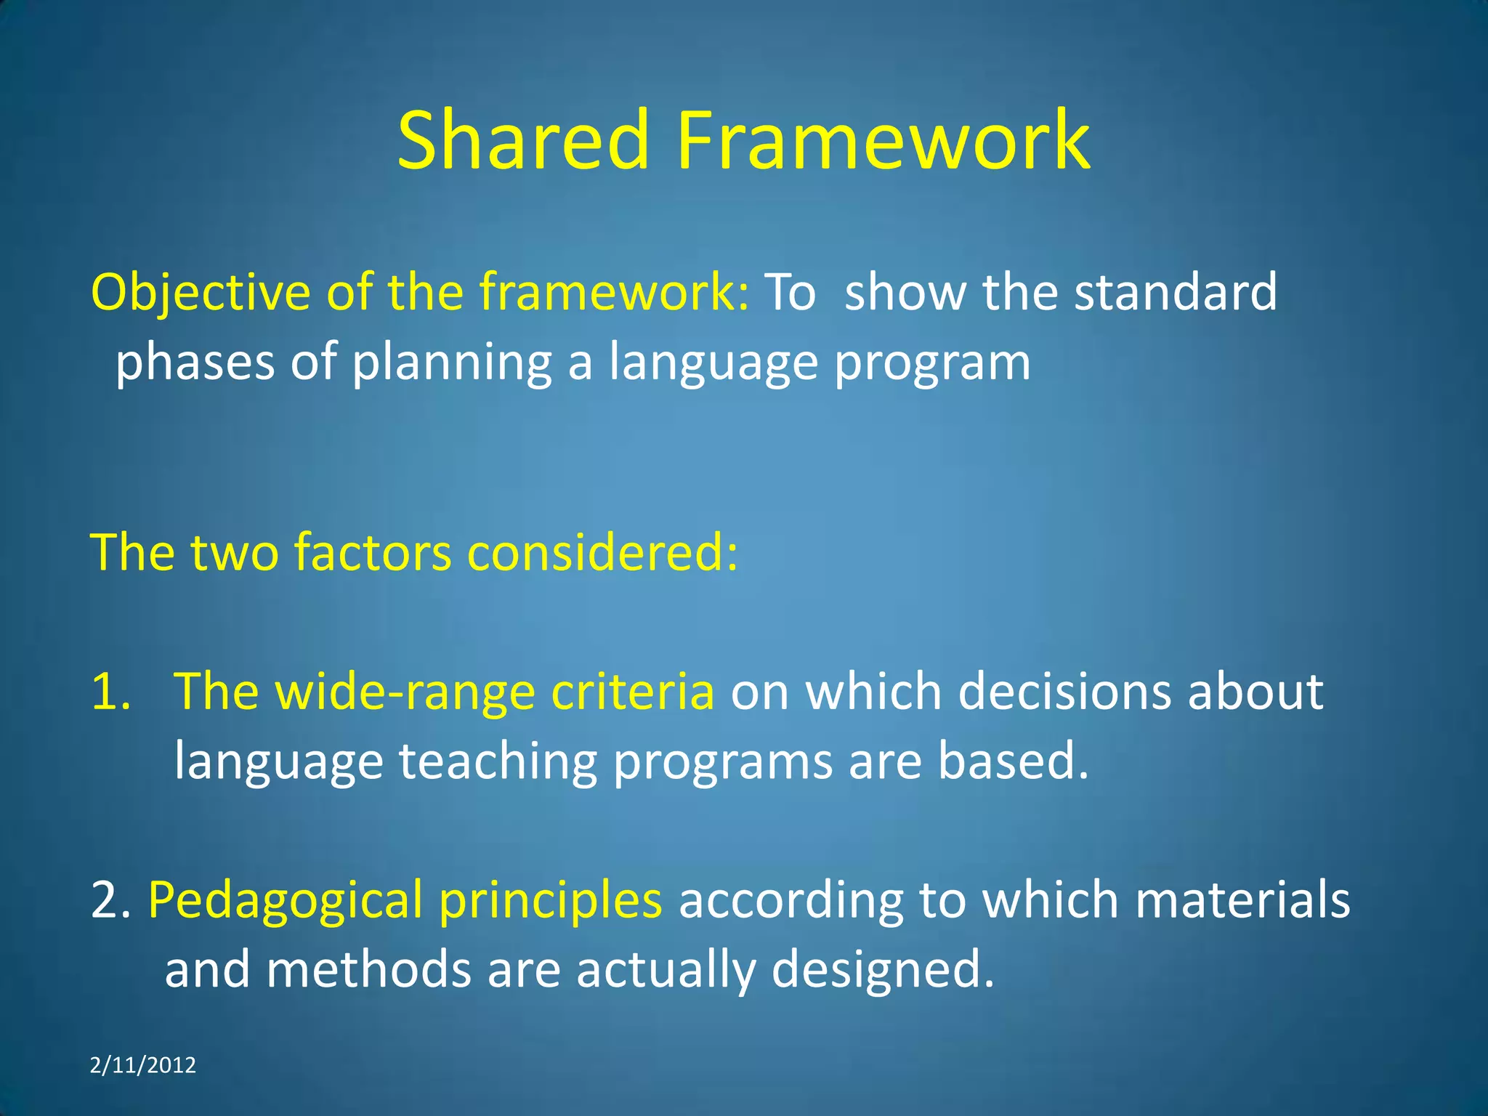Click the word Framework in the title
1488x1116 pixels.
point(883,139)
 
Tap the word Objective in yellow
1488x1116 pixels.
point(201,292)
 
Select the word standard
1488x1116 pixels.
point(1175,292)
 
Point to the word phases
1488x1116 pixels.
point(195,362)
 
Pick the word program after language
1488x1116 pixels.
point(932,362)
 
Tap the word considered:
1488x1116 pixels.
point(602,552)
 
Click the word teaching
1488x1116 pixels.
point(498,761)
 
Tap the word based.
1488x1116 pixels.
point(1013,761)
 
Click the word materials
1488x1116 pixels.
point(1242,899)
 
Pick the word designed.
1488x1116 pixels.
point(882,969)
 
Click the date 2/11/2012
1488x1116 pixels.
point(143,1065)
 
